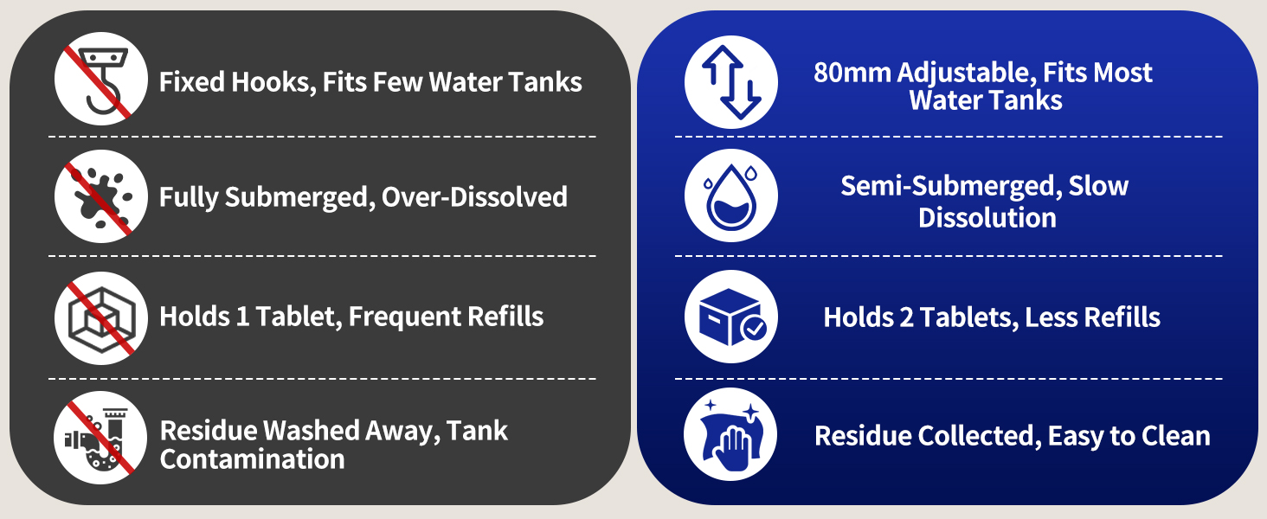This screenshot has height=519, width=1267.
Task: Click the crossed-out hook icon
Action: [x=101, y=79]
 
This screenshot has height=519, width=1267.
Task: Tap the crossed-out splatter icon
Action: [x=101, y=196]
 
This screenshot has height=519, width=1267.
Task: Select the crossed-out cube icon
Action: [x=101, y=317]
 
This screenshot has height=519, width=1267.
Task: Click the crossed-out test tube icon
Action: [x=100, y=438]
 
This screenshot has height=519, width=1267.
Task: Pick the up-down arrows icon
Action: [x=730, y=82]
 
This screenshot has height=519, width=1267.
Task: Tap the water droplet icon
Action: [x=730, y=195]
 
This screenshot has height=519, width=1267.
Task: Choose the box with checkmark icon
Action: [x=730, y=317]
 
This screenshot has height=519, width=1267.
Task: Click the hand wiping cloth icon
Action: [x=730, y=434]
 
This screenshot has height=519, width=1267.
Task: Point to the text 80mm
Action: [x=852, y=73]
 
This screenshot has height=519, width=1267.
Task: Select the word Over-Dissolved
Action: [x=474, y=197]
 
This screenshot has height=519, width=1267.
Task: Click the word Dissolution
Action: [x=987, y=218]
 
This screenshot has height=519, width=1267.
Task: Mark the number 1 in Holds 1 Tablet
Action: [x=242, y=317]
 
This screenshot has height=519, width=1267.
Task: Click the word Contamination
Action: [x=252, y=459]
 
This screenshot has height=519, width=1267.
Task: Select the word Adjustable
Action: [x=967, y=74]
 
